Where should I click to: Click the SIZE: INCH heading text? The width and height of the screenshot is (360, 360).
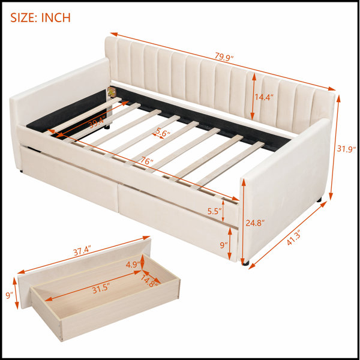40,17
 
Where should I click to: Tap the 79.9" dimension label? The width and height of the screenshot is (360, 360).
224,57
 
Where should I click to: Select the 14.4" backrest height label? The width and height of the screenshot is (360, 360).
264,97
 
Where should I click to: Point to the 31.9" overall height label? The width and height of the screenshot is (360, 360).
346,149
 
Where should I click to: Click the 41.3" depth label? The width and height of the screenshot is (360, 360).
294,238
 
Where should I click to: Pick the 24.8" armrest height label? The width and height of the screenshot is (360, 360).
255,223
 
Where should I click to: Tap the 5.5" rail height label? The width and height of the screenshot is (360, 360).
214,211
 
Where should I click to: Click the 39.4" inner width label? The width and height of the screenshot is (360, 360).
97,122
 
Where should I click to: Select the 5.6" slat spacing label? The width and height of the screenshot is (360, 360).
163,132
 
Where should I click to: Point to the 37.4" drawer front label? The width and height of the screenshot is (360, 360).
82,250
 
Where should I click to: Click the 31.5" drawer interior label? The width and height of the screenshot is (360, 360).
101,289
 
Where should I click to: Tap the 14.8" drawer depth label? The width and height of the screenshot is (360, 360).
149,281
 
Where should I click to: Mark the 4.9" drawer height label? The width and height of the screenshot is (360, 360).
133,265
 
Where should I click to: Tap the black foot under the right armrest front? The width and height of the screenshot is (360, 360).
245,263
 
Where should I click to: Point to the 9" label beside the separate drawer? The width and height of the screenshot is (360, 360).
9,295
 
